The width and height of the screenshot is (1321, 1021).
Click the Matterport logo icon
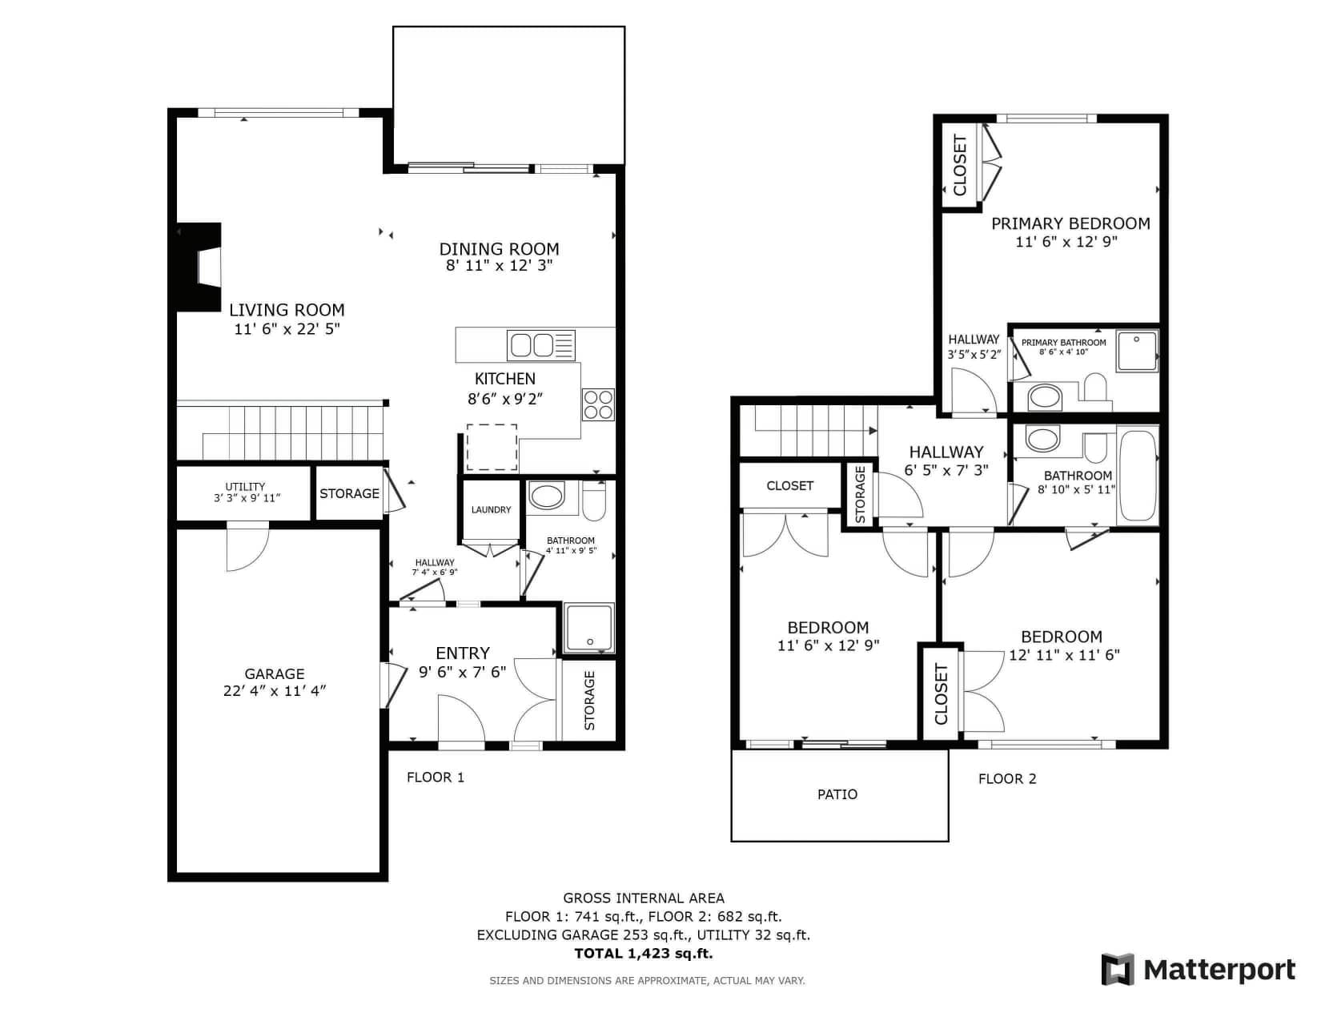tap(1117, 970)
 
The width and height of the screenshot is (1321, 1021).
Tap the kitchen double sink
tap(540, 345)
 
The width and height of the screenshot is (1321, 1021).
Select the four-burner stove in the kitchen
tap(597, 404)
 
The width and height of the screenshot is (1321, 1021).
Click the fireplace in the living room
tap(199, 267)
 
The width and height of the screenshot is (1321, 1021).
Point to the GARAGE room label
tap(274, 673)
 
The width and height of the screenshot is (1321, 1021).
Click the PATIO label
tap(837, 794)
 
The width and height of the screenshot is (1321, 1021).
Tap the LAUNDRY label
tap(492, 509)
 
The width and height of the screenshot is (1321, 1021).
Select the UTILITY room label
tap(245, 487)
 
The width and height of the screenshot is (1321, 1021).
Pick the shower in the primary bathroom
tap(1137, 350)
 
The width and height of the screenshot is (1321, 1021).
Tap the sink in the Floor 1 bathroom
tap(546, 496)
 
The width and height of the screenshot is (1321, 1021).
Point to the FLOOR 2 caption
tap(1006, 779)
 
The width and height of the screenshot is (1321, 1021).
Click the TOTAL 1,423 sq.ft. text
tap(643, 954)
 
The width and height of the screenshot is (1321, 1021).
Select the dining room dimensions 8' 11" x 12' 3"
tap(499, 265)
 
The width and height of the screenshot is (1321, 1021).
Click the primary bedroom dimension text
tap(1066, 241)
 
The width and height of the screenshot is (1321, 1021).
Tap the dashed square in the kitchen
tap(492, 447)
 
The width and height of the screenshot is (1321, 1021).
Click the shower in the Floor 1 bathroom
tap(588, 628)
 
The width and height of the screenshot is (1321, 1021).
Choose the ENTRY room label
tap(463, 653)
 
